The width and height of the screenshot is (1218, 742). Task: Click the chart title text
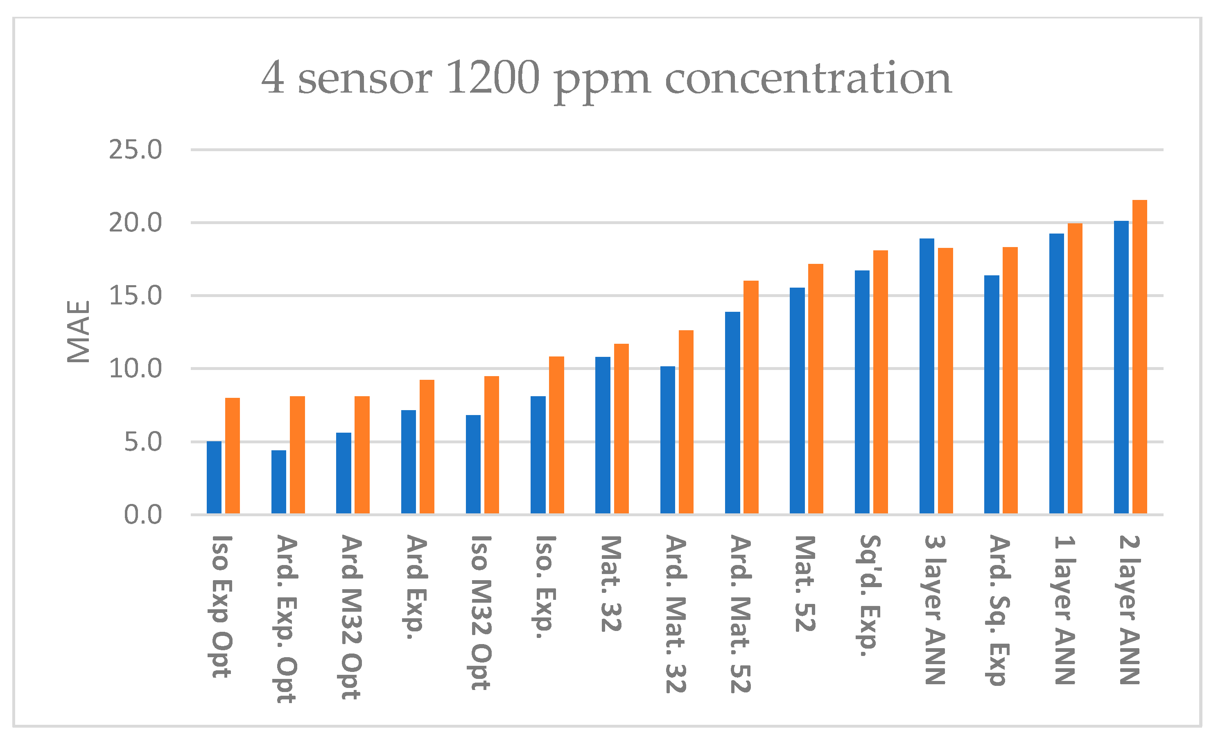point(606,78)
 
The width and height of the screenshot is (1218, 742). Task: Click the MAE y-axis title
point(79,332)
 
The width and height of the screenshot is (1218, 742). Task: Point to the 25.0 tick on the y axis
point(136,150)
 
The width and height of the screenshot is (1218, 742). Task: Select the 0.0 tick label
point(143,515)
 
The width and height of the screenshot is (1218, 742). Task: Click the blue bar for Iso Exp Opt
point(214,477)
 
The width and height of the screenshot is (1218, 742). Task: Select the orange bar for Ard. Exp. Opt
point(297,455)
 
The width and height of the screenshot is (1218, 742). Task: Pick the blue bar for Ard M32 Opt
point(343,473)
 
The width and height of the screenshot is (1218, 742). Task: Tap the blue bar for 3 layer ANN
point(927,376)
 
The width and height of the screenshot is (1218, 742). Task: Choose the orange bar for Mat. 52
point(816,389)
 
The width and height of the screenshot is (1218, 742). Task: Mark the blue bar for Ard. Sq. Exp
point(992,395)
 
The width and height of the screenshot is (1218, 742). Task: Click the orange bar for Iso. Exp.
point(557,435)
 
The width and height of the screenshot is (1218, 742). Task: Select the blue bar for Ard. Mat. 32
point(667,440)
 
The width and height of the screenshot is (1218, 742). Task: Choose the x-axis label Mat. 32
point(611,584)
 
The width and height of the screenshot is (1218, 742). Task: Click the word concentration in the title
point(808,78)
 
